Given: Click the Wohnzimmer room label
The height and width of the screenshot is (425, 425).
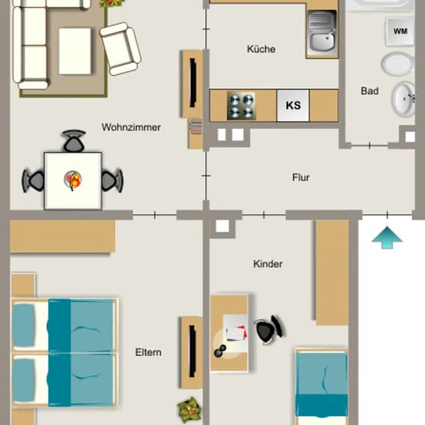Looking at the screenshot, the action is (131, 127).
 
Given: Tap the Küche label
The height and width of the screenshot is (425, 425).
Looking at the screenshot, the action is (261, 49).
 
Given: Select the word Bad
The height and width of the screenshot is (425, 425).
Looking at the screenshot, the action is (369, 91).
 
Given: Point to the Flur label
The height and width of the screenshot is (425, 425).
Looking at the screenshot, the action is (301, 178).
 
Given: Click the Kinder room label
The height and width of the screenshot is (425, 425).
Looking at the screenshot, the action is (268, 263).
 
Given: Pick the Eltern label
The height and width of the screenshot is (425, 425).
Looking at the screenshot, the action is (148, 352).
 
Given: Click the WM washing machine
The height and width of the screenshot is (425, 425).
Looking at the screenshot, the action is (399, 31).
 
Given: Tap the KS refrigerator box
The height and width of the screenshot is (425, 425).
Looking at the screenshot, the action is (293, 105).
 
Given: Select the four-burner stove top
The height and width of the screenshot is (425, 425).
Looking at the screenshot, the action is (241, 106).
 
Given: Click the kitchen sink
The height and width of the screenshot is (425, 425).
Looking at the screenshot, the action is (322, 33).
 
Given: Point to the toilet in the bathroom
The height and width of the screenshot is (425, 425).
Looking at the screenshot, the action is (398, 63).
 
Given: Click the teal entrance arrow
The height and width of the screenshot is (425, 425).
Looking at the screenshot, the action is (387, 237).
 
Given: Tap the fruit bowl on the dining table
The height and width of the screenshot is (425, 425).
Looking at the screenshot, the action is (73, 179).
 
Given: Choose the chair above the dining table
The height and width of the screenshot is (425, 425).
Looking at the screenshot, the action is (73, 141).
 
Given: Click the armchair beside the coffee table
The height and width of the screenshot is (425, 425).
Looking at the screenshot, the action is (121, 49).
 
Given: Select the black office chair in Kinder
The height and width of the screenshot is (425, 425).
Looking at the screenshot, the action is (270, 330).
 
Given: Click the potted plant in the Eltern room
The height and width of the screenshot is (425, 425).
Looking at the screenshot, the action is (189, 410).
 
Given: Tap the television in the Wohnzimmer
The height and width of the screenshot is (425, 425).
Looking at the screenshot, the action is (192, 83).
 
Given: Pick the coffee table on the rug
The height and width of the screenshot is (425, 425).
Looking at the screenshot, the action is (75, 51).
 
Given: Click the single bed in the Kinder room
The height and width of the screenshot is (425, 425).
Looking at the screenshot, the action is (321, 387).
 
